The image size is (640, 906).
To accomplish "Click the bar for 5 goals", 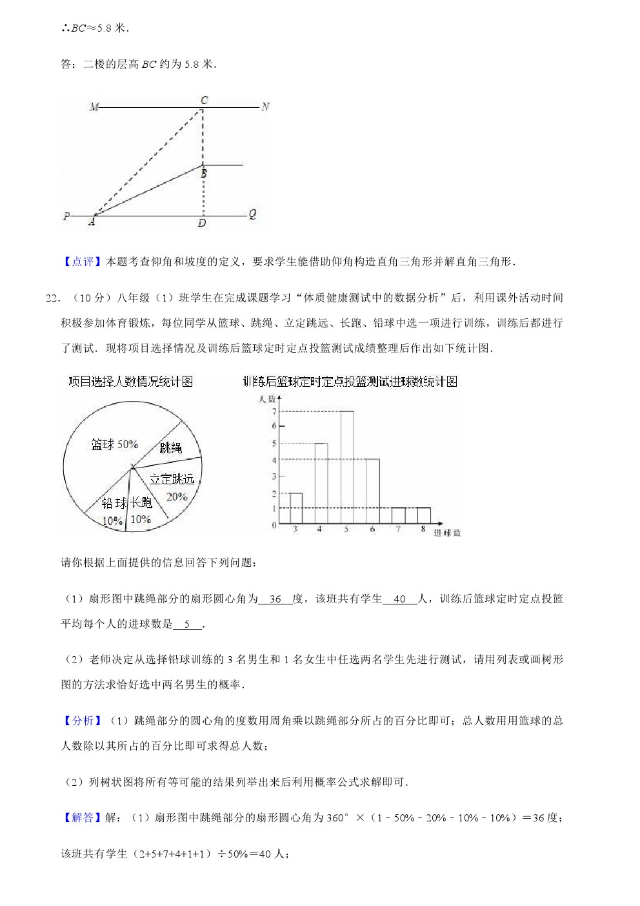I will click(x=346, y=467).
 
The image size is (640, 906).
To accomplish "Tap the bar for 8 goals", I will click(x=423, y=515).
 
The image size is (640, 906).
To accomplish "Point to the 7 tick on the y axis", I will click(x=274, y=411).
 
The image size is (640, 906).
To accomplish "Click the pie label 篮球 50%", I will click(x=114, y=444).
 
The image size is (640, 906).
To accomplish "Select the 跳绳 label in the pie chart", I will click(x=170, y=448).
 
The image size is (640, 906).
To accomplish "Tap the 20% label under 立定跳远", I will click(x=176, y=497).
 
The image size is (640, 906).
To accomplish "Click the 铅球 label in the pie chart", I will click(x=114, y=503).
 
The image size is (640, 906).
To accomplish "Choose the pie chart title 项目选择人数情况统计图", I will click(x=131, y=382).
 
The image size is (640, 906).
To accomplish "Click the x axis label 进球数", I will click(x=447, y=533).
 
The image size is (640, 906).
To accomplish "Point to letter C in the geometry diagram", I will click(x=204, y=100).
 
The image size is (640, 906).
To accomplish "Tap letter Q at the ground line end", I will click(x=252, y=214).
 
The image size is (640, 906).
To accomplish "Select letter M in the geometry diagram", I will click(x=94, y=107).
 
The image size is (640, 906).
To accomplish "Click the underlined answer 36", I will click(x=275, y=599).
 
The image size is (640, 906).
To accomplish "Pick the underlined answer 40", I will click(x=399, y=599).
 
